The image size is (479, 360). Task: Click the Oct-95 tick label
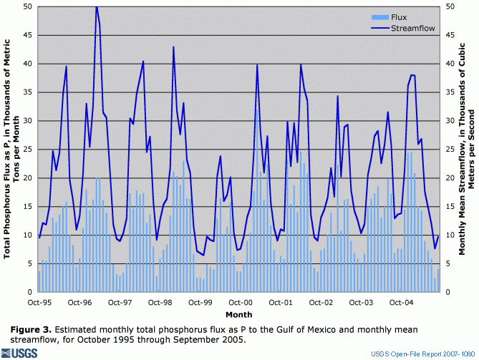(39, 303)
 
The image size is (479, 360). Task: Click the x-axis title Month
(238, 314)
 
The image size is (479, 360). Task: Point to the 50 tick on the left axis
(26, 6)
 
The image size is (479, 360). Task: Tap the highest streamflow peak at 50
(97, 7)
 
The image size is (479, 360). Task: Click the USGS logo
(21, 353)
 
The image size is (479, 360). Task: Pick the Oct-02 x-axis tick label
(324, 303)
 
